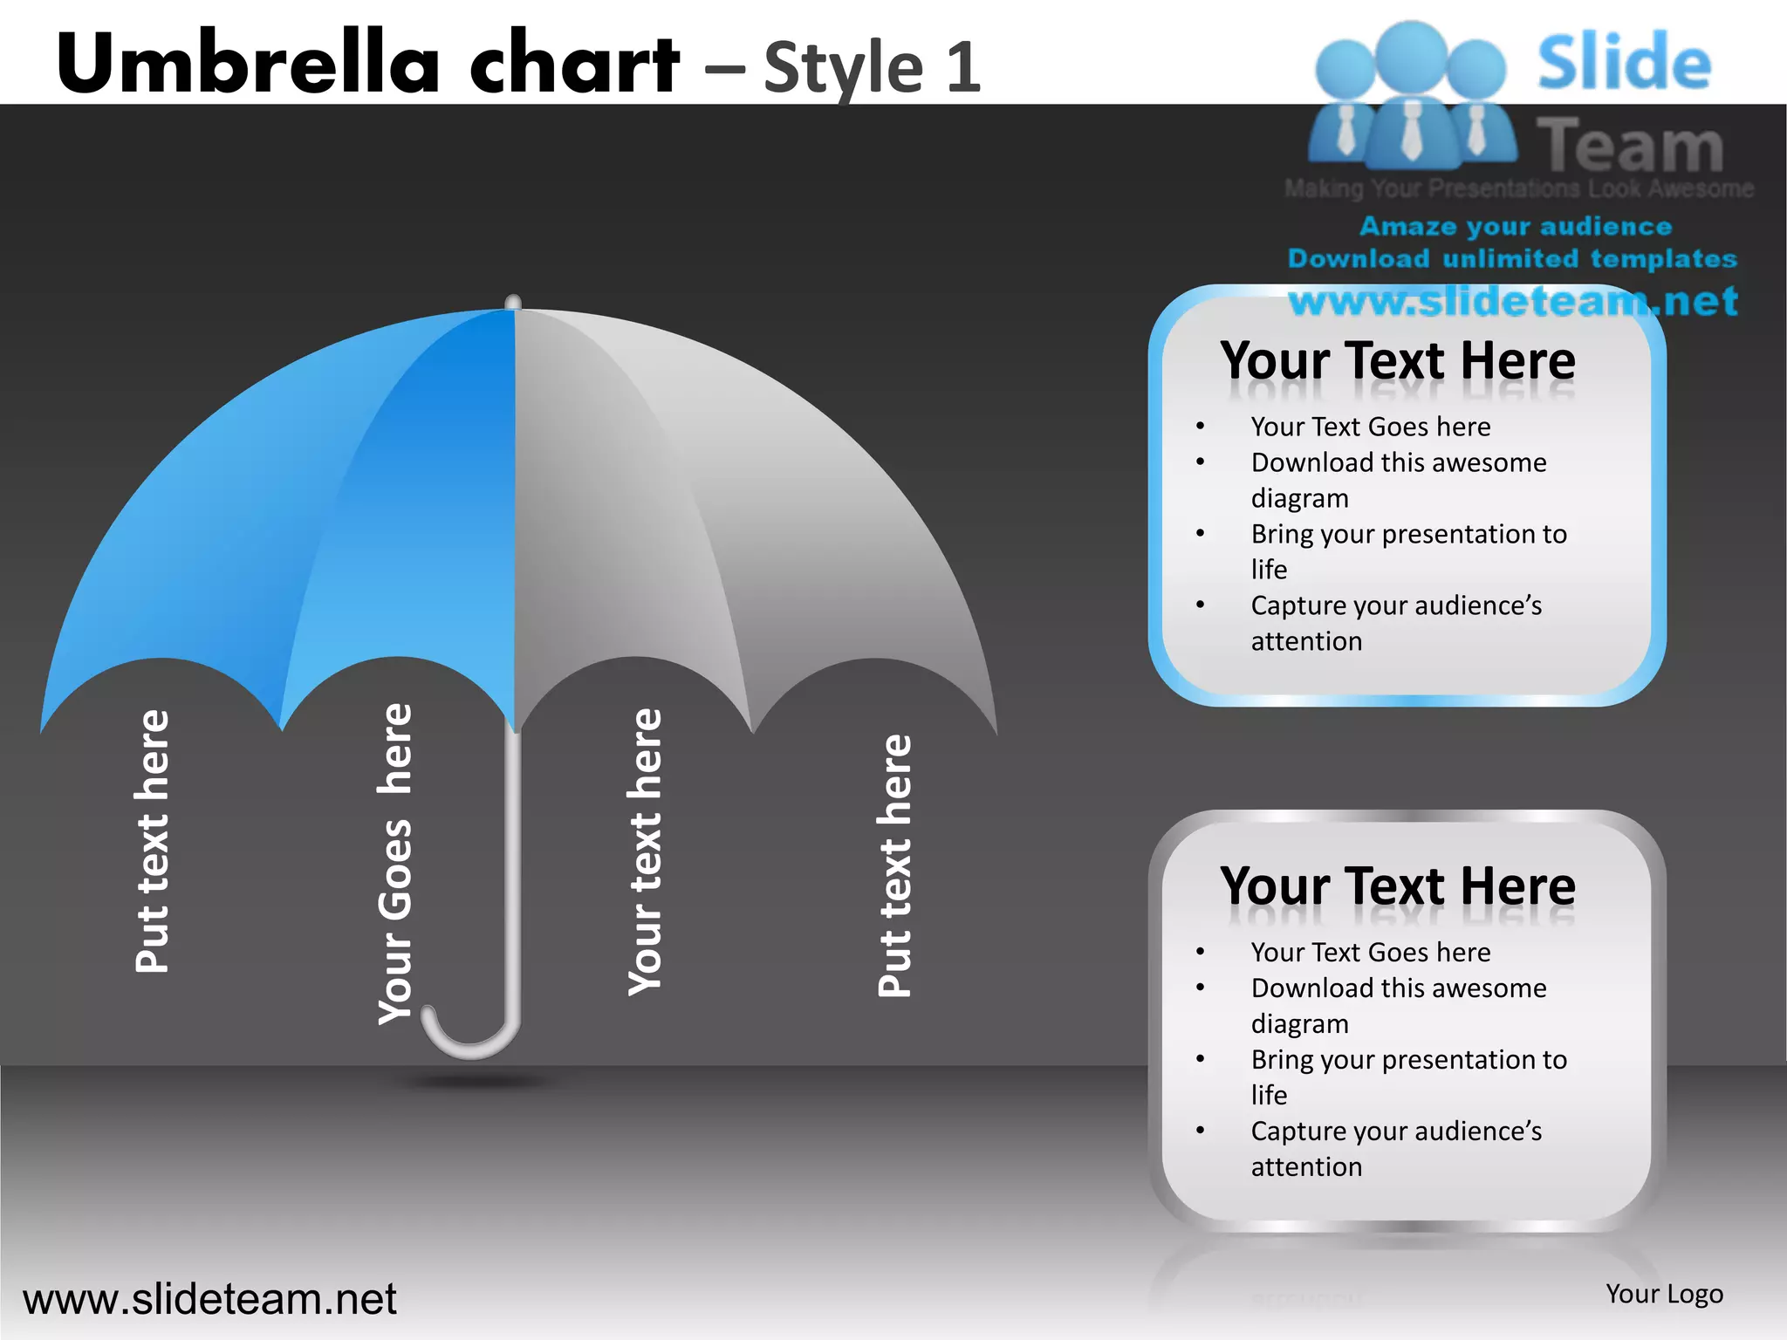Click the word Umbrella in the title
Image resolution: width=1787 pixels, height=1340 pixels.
[x=249, y=63]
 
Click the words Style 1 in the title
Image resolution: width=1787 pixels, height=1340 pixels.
[x=873, y=68]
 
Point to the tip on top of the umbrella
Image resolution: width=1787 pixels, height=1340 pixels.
[x=513, y=302]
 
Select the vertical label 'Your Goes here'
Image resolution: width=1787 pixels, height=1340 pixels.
[x=395, y=864]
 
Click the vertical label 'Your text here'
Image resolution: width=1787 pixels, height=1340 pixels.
[x=646, y=851]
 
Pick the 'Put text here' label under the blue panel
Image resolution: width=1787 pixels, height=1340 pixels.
[x=153, y=841]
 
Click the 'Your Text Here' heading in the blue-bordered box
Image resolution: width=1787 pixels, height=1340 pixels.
[x=1398, y=360]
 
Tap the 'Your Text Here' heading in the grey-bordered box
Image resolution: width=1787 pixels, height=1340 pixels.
[x=1398, y=886]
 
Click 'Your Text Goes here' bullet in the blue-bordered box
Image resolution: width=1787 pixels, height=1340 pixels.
[x=1370, y=427]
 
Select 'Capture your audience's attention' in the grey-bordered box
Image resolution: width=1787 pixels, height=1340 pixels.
[x=1396, y=1149]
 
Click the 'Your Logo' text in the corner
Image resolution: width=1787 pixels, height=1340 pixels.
[x=1664, y=1294]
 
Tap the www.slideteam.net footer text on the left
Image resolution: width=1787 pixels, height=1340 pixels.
[x=209, y=1299]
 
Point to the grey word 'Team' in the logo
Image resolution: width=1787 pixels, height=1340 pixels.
[x=1630, y=146]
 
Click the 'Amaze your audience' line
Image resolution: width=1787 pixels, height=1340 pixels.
[x=1516, y=227]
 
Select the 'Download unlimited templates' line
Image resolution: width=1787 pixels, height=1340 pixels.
[x=1512, y=259]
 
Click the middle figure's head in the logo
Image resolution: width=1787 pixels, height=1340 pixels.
[x=1411, y=54]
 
